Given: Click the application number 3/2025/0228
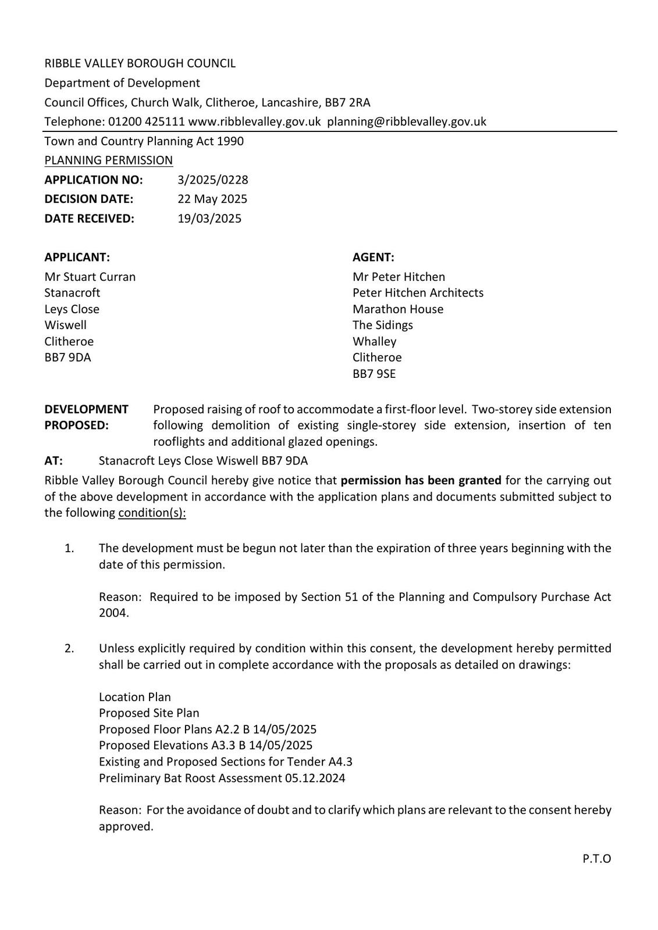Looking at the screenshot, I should click(212, 180).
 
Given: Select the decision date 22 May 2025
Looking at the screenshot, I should click(212, 199).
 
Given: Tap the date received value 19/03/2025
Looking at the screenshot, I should click(209, 219).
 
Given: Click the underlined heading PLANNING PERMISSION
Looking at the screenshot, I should click(109, 160).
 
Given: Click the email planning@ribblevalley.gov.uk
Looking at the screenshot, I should click(407, 121).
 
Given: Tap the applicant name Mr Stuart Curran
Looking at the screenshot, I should click(90, 277).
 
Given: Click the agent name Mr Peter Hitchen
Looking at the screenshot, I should click(399, 277).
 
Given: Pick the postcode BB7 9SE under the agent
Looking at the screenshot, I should click(374, 374).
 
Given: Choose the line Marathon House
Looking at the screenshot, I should click(398, 309).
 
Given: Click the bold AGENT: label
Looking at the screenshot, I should click(374, 257).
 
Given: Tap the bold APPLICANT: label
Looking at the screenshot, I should click(77, 257).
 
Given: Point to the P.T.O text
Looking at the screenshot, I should click(596, 859).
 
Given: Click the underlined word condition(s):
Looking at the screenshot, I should click(152, 513).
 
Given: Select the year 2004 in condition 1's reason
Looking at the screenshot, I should click(113, 613).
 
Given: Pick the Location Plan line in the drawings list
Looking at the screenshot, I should click(135, 697).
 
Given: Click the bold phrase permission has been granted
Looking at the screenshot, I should click(421, 480).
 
